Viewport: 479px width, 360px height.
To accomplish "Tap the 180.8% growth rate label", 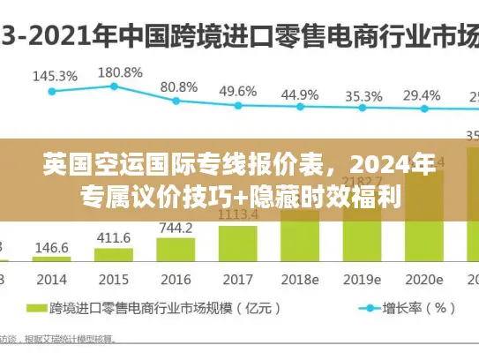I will pos(119,71).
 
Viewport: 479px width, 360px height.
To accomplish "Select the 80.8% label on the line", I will pos(179,86).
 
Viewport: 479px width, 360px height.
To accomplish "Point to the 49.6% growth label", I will pos(238,91).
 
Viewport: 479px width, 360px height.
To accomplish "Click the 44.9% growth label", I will pos(300,94).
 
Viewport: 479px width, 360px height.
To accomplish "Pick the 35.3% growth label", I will pos(363,95).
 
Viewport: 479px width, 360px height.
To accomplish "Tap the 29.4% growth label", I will pos(422,94).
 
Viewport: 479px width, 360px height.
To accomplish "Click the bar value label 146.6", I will pos(53,248).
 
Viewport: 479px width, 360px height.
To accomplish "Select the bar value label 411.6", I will pos(114,237).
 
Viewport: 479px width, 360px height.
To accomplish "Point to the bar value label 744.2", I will pos(176,228).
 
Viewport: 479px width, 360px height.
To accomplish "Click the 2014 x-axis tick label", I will pos(52,279).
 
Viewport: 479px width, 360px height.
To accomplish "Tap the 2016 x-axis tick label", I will pos(176,279).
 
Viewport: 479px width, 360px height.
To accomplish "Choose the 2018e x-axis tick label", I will pos(299,279).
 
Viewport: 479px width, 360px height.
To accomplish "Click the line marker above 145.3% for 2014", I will pos(52,90).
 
